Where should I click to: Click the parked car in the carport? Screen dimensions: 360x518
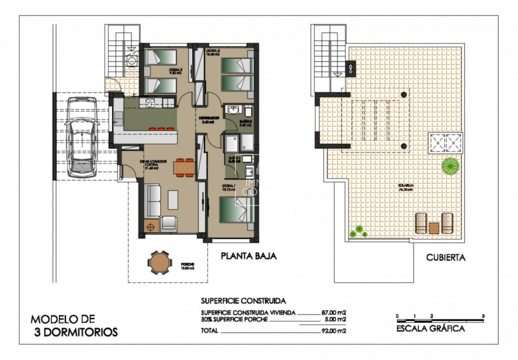[82, 137]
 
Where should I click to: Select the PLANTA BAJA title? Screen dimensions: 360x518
[248, 256]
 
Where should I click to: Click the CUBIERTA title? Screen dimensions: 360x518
[446, 258]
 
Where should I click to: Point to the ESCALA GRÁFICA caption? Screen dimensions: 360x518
[430, 329]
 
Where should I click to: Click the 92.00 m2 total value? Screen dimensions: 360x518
[333, 331]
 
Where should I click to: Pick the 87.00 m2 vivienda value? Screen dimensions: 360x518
[333, 312]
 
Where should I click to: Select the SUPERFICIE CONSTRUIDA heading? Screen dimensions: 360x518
[243, 301]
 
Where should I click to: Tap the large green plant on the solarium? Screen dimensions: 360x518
[450, 166]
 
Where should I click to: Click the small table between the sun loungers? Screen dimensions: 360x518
[434, 228]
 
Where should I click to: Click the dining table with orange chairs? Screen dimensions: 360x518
[183, 167]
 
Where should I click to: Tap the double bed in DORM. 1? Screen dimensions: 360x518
[236, 211]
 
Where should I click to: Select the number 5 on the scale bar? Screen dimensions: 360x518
[483, 315]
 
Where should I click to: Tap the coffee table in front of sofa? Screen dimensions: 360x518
[173, 199]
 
